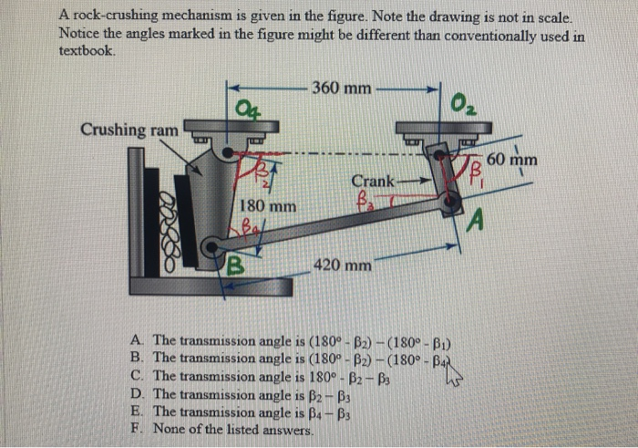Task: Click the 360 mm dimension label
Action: (x=341, y=89)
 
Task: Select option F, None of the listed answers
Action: (x=232, y=428)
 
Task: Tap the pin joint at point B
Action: (x=211, y=245)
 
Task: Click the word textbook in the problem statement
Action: (x=87, y=51)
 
